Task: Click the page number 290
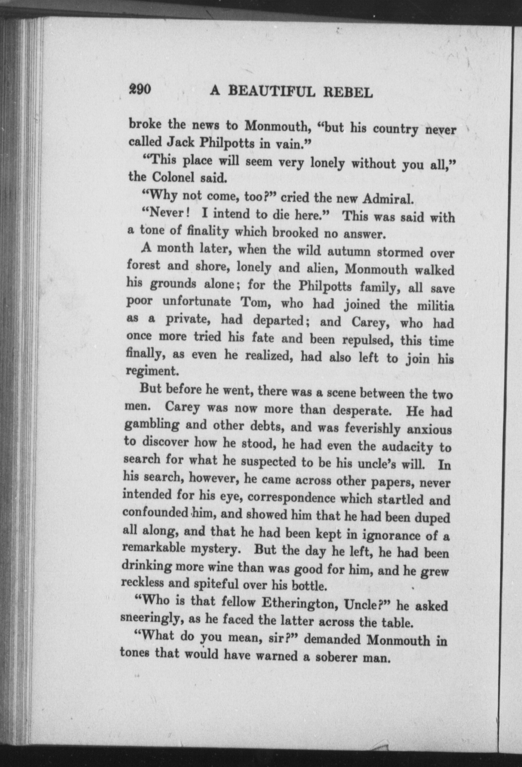[x=140, y=90]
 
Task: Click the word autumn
[x=349, y=252]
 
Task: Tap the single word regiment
[x=153, y=371]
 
